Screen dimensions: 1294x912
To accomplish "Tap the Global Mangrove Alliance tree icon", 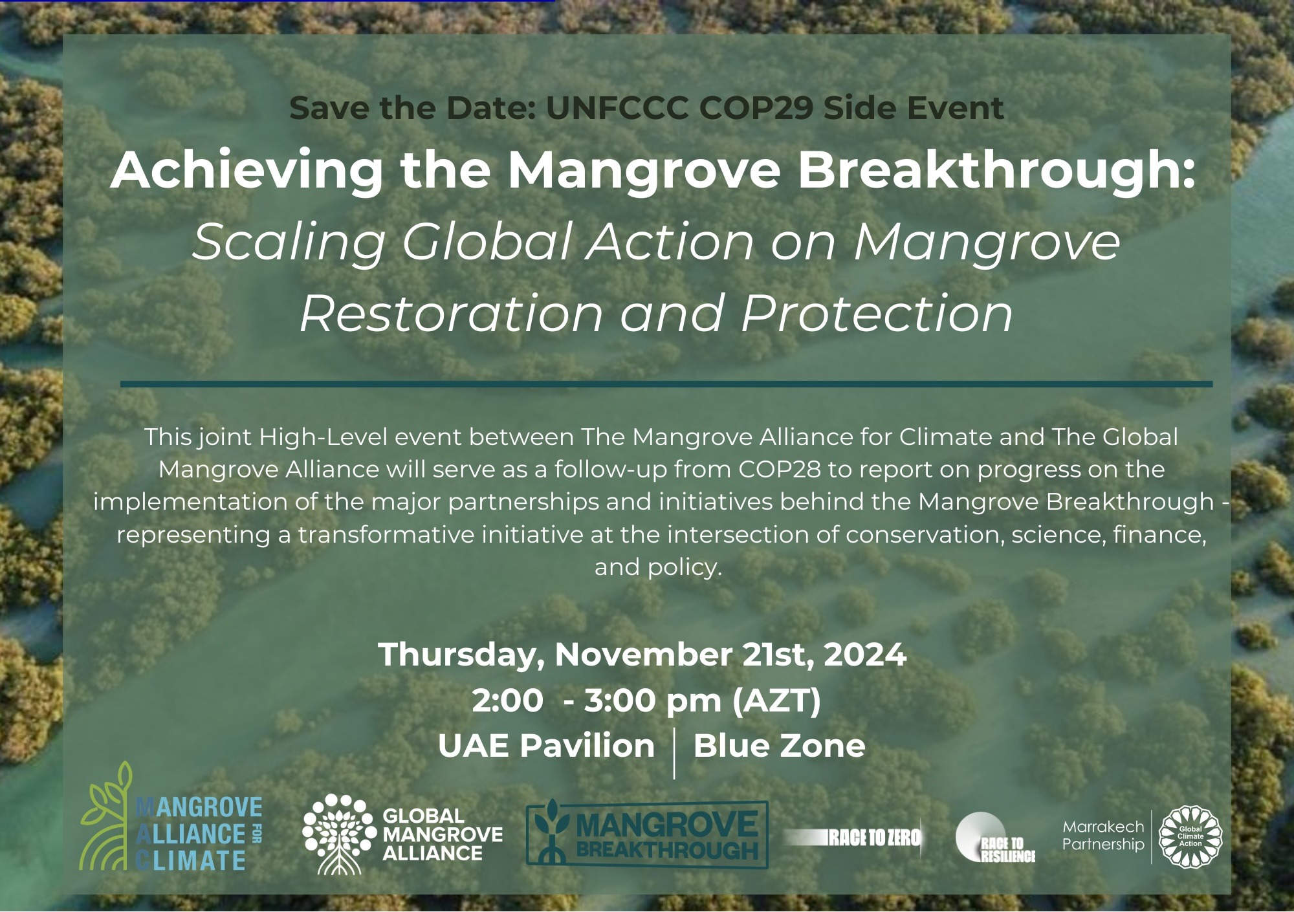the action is pyautogui.click(x=339, y=834).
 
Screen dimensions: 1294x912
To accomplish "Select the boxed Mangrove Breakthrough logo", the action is pyautogui.click(x=647, y=834).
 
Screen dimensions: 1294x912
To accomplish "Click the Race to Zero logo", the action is pyautogui.click(x=853, y=838).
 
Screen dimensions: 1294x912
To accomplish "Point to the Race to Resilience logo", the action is pyautogui.click(x=995, y=838).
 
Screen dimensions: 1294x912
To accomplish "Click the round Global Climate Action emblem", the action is pyautogui.click(x=1190, y=836).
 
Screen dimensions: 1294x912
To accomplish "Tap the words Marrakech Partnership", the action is pyautogui.click(x=1103, y=836).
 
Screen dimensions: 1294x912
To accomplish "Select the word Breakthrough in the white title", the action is pyautogui.click(x=996, y=170).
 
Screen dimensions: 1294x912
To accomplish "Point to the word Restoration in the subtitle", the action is pyautogui.click(x=452, y=314).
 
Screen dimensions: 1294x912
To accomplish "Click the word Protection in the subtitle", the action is pyautogui.click(x=877, y=314).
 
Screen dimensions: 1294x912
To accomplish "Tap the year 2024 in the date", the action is pyautogui.click(x=864, y=655).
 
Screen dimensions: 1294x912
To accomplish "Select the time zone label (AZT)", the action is pyautogui.click(x=776, y=701).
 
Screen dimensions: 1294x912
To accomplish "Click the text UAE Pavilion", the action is pyautogui.click(x=547, y=746).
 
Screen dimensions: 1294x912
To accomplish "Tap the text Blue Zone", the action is pyautogui.click(x=779, y=746).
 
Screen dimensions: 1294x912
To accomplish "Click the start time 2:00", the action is pyautogui.click(x=508, y=701).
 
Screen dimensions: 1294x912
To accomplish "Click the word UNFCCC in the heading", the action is pyautogui.click(x=617, y=108).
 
